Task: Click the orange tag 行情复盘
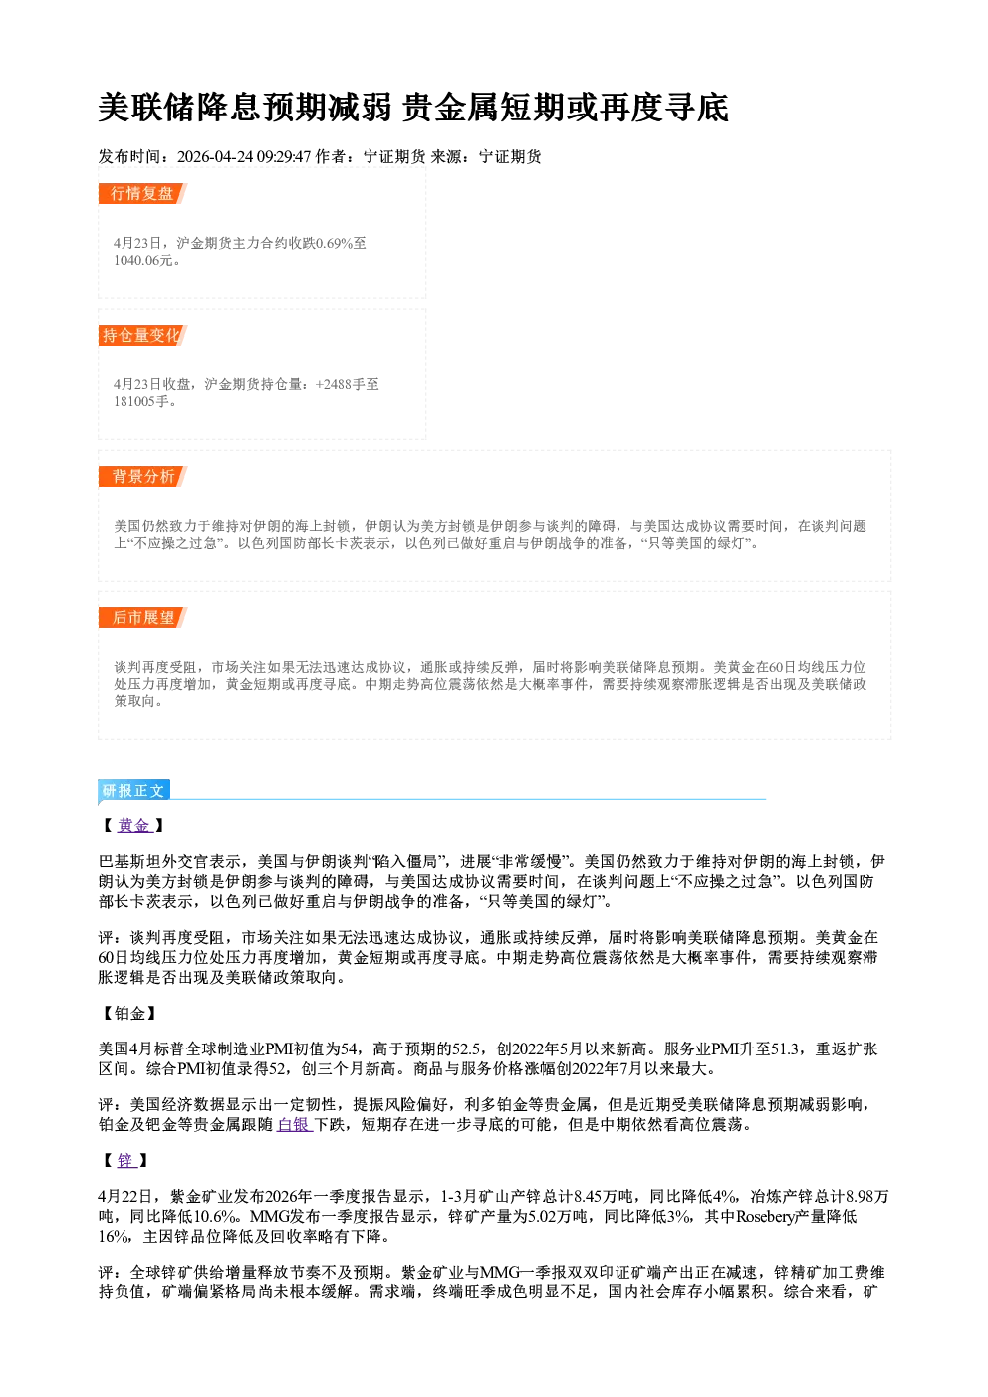coord(142,193)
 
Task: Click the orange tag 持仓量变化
coord(142,335)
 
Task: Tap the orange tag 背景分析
coord(142,477)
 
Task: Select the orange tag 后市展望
coord(142,618)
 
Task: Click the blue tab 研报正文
coord(133,791)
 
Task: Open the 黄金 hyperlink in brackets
coord(134,825)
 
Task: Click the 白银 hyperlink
coord(294,1124)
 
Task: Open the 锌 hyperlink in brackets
coord(126,1161)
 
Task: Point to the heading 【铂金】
coord(127,1013)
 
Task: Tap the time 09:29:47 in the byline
coord(284,156)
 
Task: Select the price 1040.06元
coord(143,260)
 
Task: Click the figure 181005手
coord(141,401)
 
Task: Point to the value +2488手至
coord(348,384)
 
